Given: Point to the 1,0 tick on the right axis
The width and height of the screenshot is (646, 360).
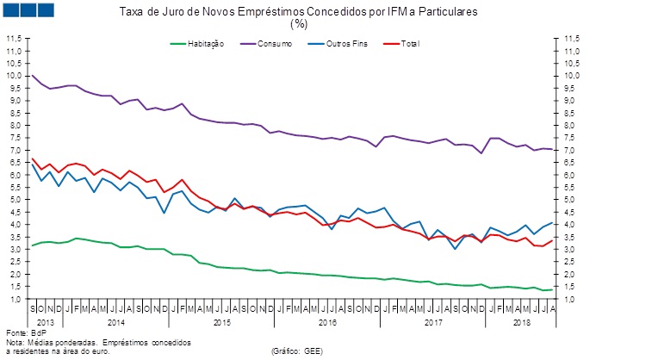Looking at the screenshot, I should (571, 299).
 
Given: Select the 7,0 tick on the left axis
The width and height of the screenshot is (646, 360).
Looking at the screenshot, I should (14, 150).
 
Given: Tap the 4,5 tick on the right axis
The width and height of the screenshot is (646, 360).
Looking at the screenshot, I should (571, 212).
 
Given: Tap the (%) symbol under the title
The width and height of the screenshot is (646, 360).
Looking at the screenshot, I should (299, 24).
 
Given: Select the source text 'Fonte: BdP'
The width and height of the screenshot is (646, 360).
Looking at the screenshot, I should (25, 332).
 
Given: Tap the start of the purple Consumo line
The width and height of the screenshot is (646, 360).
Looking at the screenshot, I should (32, 75).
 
